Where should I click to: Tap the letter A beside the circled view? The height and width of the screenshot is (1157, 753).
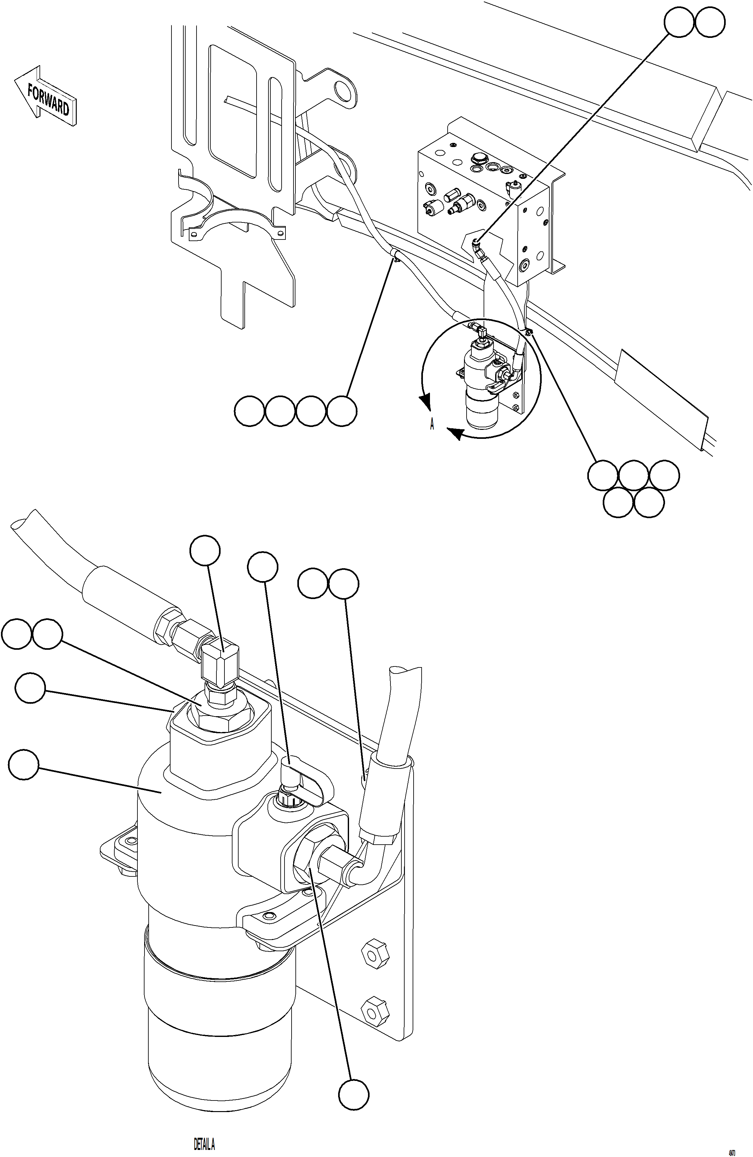pyautogui.click(x=432, y=425)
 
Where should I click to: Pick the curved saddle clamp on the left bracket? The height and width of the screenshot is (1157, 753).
pyautogui.click(x=233, y=226)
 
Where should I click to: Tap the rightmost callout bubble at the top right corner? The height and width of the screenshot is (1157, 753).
pyautogui.click(x=710, y=22)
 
